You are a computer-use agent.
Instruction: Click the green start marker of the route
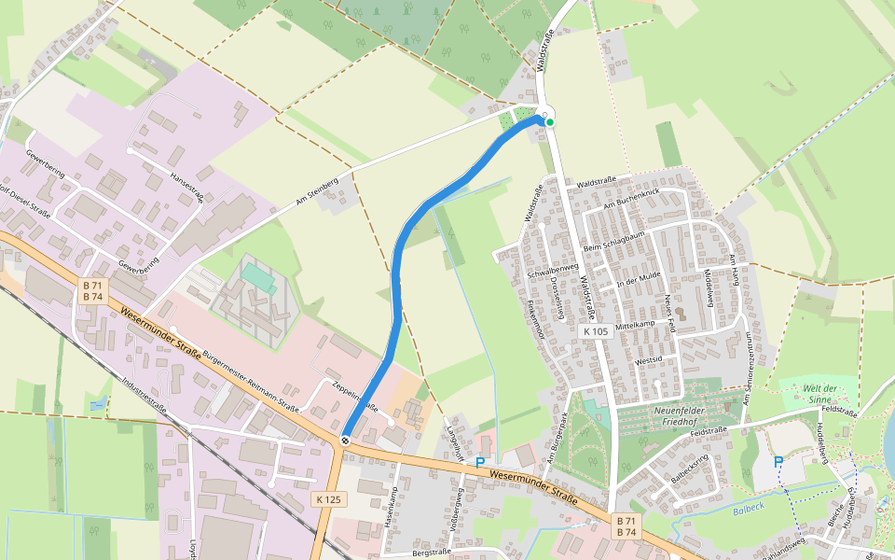[550, 122]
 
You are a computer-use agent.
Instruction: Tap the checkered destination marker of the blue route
[346, 439]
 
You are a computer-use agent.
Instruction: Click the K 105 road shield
[594, 331]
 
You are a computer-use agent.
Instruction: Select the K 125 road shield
[327, 499]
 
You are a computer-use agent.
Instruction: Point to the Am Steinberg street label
[316, 189]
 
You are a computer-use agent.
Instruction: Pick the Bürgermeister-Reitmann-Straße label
[250, 381]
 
